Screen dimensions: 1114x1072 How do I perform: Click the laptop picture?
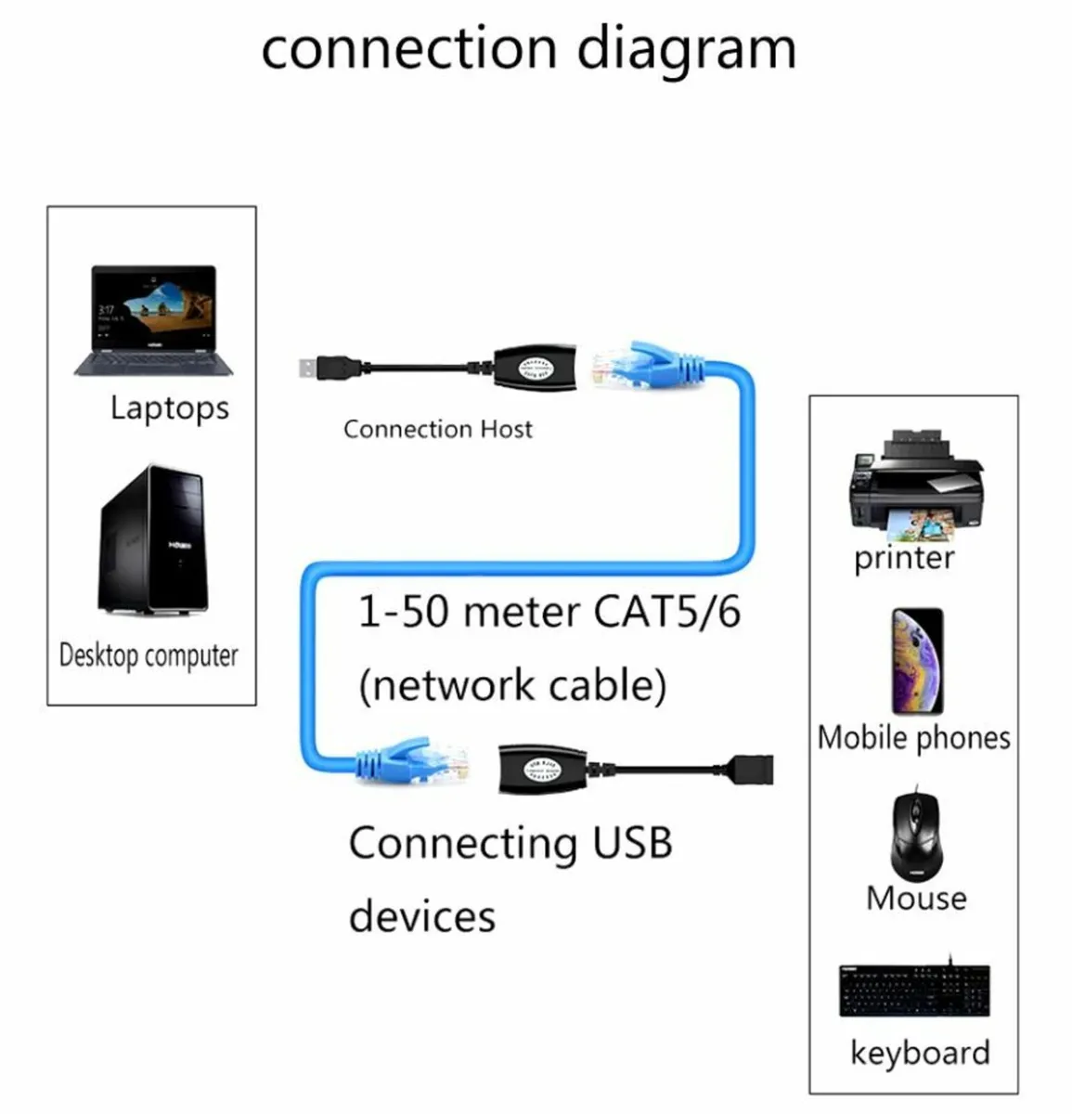tap(154, 320)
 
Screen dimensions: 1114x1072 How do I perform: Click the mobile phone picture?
tap(917, 661)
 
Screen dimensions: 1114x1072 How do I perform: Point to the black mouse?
tap(916, 835)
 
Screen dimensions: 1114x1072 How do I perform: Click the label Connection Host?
tap(437, 429)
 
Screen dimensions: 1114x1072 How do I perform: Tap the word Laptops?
tap(169, 408)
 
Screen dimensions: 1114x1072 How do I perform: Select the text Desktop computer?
tap(149, 655)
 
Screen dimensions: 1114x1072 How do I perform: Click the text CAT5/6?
tap(666, 612)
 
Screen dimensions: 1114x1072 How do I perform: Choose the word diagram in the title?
tap(686, 48)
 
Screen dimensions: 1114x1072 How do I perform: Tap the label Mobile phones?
tap(913, 738)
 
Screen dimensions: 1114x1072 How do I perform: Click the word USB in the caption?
tap(631, 843)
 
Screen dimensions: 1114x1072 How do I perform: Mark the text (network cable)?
tap(512, 685)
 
